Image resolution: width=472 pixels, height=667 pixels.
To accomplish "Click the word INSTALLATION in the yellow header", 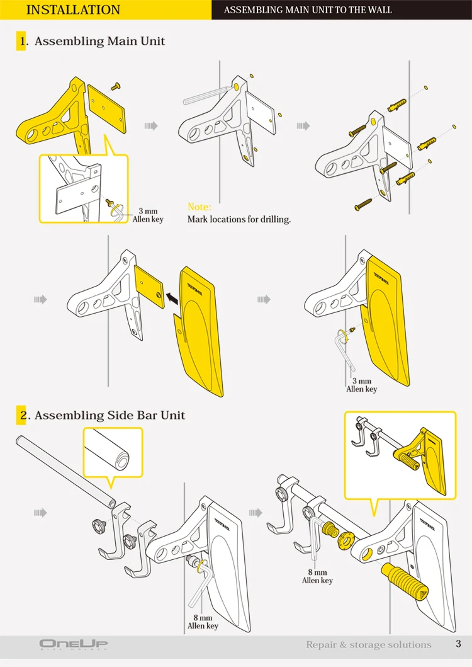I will pyautogui.click(x=74, y=9).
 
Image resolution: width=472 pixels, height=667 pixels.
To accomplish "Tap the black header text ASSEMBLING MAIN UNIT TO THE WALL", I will pyautogui.click(x=308, y=10).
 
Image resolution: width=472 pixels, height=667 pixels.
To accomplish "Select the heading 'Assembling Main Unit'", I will pyautogui.click(x=99, y=42).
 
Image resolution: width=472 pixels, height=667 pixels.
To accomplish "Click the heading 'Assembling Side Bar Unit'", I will pyautogui.click(x=110, y=415).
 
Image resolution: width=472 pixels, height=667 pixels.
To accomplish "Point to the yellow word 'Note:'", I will pyautogui.click(x=199, y=207).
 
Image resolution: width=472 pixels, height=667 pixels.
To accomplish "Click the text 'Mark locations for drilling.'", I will pyautogui.click(x=239, y=220).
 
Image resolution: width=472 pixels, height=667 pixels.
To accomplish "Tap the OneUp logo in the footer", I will pyautogui.click(x=74, y=644).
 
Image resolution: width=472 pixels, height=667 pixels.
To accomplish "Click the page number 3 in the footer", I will pyautogui.click(x=458, y=644).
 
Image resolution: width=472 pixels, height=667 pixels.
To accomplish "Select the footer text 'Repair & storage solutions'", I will pyautogui.click(x=369, y=644).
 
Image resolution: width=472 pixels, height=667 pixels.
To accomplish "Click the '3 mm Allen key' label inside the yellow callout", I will pyautogui.click(x=148, y=215).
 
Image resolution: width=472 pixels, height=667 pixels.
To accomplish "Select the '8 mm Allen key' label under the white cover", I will pyautogui.click(x=203, y=622).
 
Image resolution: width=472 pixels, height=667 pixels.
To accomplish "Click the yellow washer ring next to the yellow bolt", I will pyautogui.click(x=344, y=541).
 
